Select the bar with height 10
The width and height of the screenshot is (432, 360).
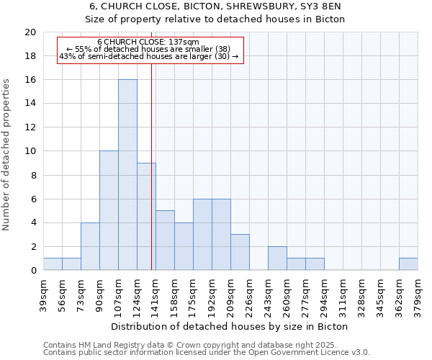(109, 210)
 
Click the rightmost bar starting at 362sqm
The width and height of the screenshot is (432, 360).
(408, 264)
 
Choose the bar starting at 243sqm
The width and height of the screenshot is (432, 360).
(277, 258)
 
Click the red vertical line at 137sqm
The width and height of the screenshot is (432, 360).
(151, 180)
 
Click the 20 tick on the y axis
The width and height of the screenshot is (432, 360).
(30, 32)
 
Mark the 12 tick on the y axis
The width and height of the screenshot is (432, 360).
(30, 127)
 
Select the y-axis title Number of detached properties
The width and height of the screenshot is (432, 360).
(6, 154)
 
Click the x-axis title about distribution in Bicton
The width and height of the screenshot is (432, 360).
(230, 326)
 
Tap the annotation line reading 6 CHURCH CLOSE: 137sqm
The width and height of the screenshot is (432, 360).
(148, 42)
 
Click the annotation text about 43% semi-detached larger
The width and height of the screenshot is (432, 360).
(148, 56)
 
